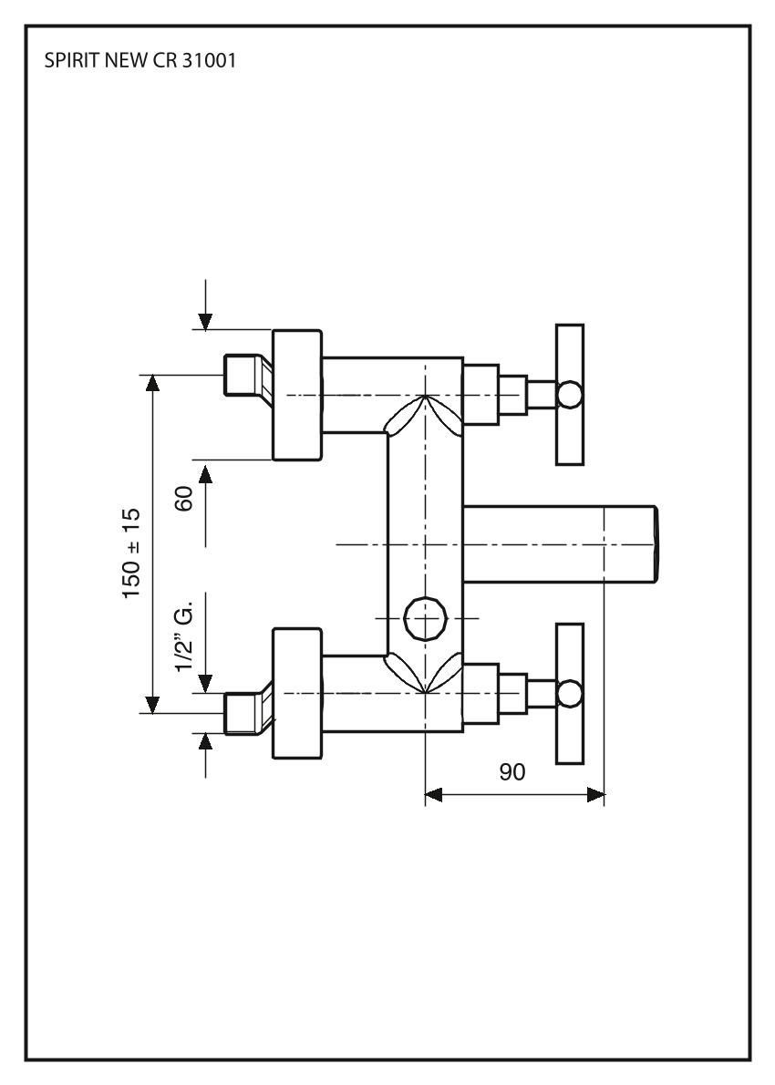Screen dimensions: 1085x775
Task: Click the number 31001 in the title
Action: coord(212,67)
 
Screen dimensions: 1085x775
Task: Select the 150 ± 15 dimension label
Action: coord(133,553)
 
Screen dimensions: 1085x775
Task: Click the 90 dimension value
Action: coord(512,772)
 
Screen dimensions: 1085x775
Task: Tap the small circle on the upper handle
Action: coord(570,395)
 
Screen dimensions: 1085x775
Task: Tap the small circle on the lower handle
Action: coord(570,694)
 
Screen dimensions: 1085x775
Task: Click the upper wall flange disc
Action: coord(297,395)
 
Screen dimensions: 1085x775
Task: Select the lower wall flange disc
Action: coord(297,694)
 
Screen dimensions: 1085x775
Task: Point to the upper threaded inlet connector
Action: coord(243,376)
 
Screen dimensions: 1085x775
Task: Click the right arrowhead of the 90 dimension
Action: coord(596,796)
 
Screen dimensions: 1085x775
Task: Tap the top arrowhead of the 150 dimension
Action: coord(152,382)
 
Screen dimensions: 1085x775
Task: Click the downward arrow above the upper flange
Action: coord(206,320)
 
